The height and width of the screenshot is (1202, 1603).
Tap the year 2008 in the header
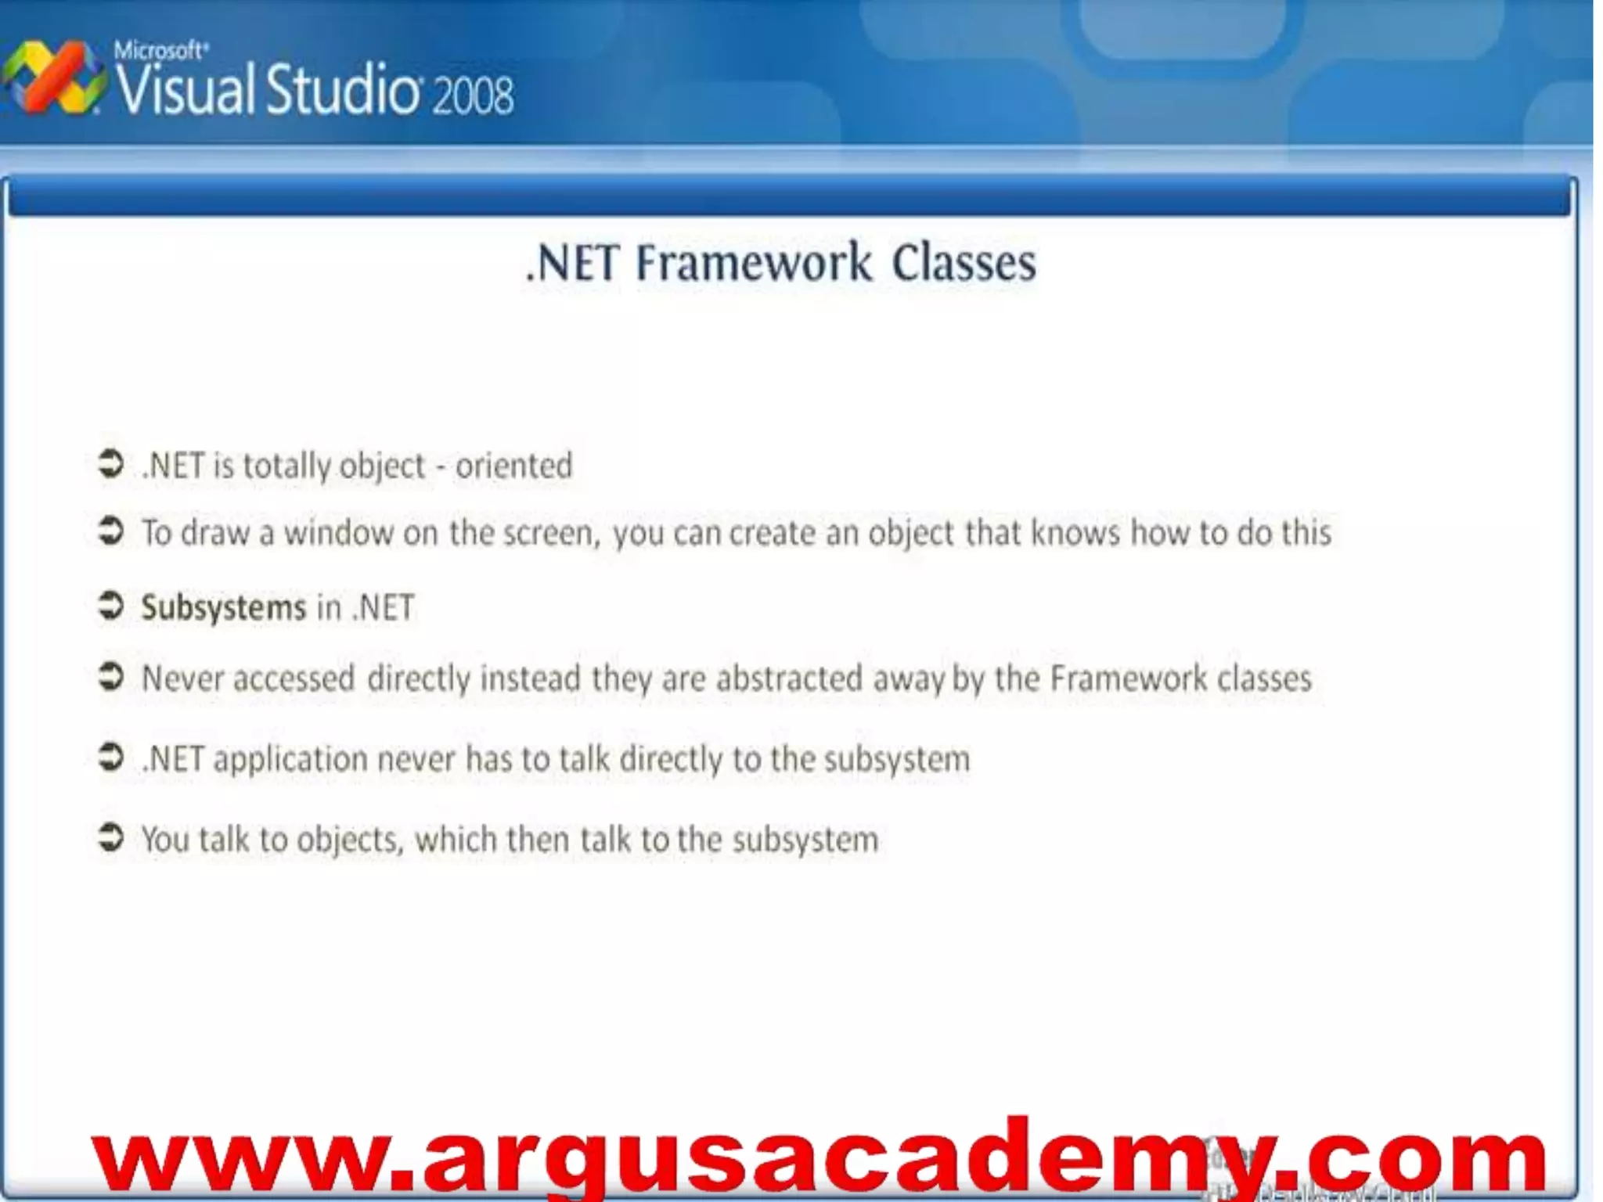[472, 95]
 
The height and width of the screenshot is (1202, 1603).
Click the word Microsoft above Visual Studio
[160, 51]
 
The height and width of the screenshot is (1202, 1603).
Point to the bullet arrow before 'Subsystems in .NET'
[110, 606]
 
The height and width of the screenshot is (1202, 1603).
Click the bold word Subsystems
[223, 608]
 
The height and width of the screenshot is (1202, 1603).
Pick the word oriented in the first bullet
[513, 466]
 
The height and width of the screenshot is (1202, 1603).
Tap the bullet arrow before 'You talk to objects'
[110, 837]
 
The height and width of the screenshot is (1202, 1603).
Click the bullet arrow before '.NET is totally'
[110, 463]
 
